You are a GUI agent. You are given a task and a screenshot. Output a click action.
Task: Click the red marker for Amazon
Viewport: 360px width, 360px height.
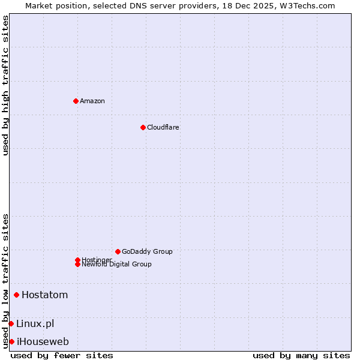pos(76,101)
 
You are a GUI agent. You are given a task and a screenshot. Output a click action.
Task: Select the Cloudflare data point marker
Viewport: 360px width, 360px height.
pos(143,127)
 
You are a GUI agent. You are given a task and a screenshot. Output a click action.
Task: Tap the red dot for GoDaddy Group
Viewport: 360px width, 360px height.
pos(118,251)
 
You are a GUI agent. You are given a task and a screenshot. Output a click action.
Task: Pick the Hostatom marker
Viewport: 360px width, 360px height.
pos(16,295)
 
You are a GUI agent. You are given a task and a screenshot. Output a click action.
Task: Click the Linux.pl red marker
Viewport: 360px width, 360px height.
pos(11,324)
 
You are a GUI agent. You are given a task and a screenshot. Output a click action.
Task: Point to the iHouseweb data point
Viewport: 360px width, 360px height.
pos(11,342)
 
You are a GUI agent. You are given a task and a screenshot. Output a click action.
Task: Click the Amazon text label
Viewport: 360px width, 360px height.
pos(92,101)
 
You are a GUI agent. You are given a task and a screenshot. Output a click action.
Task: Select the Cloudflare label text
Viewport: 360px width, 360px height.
pos(163,127)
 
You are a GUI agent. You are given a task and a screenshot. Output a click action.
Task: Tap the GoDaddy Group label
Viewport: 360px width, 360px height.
pos(147,251)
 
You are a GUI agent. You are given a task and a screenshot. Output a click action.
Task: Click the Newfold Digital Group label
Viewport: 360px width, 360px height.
pos(117,265)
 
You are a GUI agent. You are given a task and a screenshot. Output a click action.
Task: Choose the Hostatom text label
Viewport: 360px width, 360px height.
pos(45,295)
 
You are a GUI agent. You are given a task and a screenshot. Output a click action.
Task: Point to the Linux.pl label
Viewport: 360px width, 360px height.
pos(35,324)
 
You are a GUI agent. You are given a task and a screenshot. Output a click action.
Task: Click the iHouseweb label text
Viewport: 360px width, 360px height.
pos(43,342)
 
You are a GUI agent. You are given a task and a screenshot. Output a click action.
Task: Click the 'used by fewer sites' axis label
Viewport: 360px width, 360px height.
pos(62,355)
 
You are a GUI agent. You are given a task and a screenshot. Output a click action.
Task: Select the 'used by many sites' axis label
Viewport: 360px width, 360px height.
pos(301,355)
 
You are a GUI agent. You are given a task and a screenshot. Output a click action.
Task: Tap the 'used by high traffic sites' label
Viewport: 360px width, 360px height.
pos(5,85)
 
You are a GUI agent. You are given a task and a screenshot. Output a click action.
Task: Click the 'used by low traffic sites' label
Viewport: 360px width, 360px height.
pos(5,280)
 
